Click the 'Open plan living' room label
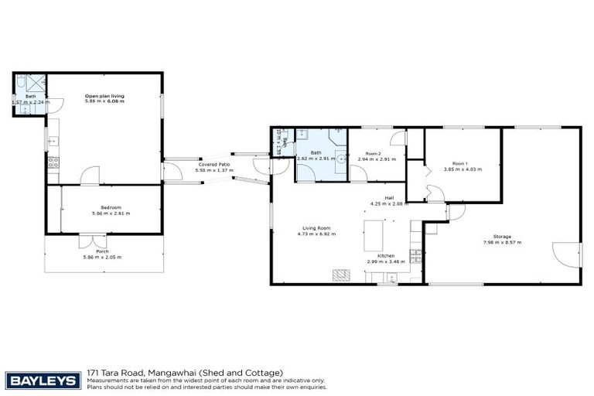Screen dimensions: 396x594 click(104, 96)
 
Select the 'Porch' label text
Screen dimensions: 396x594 click(102, 252)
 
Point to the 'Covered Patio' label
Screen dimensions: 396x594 click(213, 164)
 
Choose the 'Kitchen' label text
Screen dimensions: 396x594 click(386, 256)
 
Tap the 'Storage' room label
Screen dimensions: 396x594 click(503, 237)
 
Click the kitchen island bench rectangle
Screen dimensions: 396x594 click(375, 232)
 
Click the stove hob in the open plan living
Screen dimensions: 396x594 click(53, 162)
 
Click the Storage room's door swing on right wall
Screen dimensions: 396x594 click(567, 255)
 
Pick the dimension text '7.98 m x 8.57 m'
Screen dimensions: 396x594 click(503, 243)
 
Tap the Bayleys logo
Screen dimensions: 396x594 click(43, 380)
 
